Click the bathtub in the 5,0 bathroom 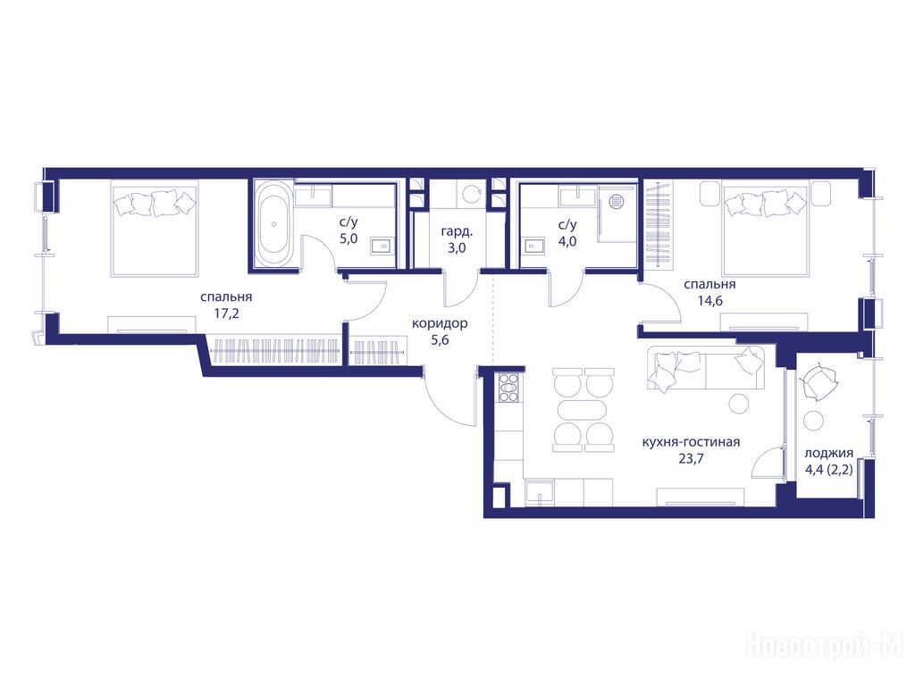tap(273, 224)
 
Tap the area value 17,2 tap(226, 314)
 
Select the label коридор tap(440, 323)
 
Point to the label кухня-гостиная tap(691, 442)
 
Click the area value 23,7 tap(691, 458)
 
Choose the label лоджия tap(828, 453)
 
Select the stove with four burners tap(508, 388)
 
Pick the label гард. tap(457, 231)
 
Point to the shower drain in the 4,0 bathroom tap(617, 201)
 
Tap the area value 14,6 tap(709, 301)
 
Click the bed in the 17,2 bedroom tap(155, 228)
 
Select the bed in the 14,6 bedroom tap(765, 228)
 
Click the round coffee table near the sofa tap(739, 403)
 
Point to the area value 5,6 tap(440, 340)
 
